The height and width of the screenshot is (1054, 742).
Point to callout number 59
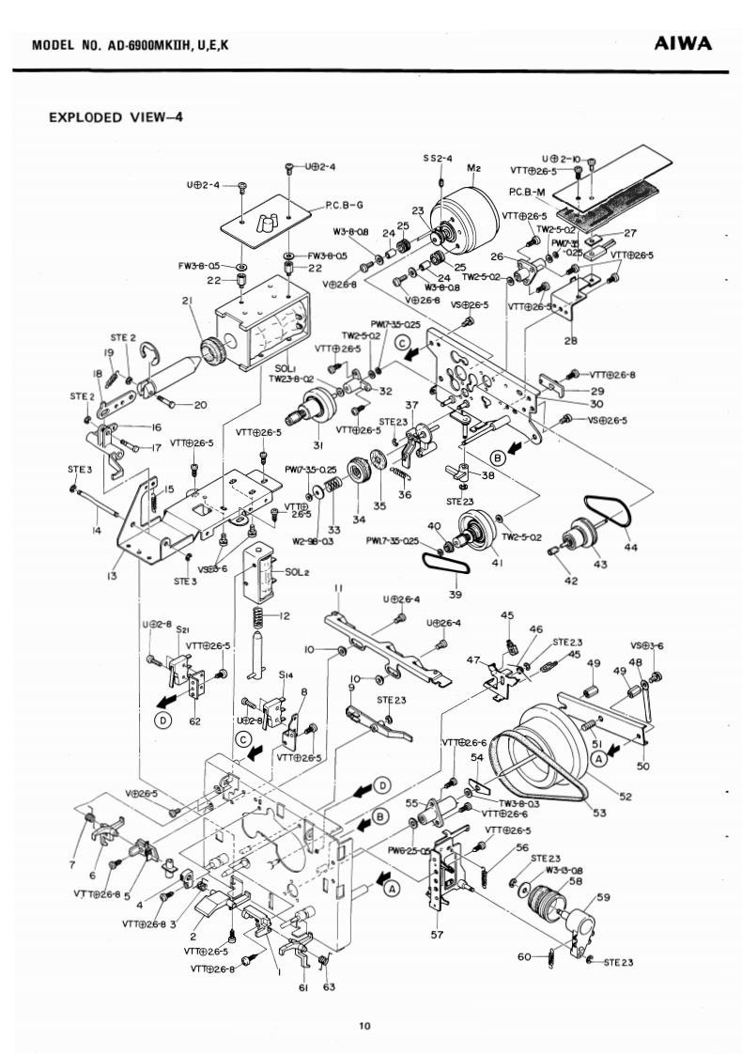click(x=603, y=896)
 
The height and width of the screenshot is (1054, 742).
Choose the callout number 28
click(x=570, y=340)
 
